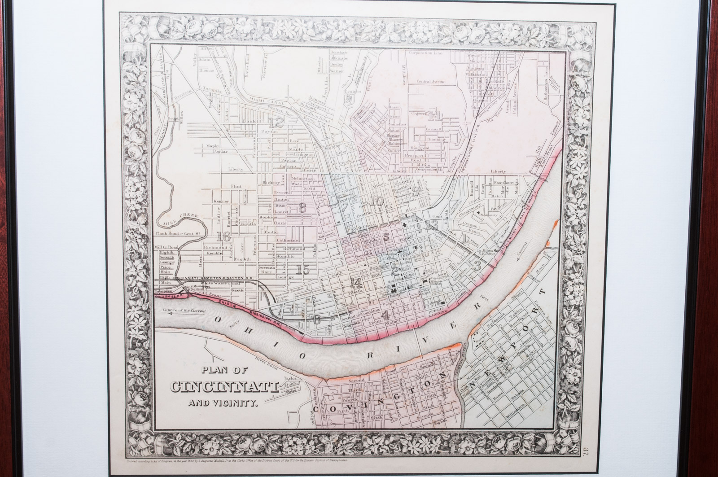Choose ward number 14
355,283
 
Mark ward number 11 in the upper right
434,116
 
